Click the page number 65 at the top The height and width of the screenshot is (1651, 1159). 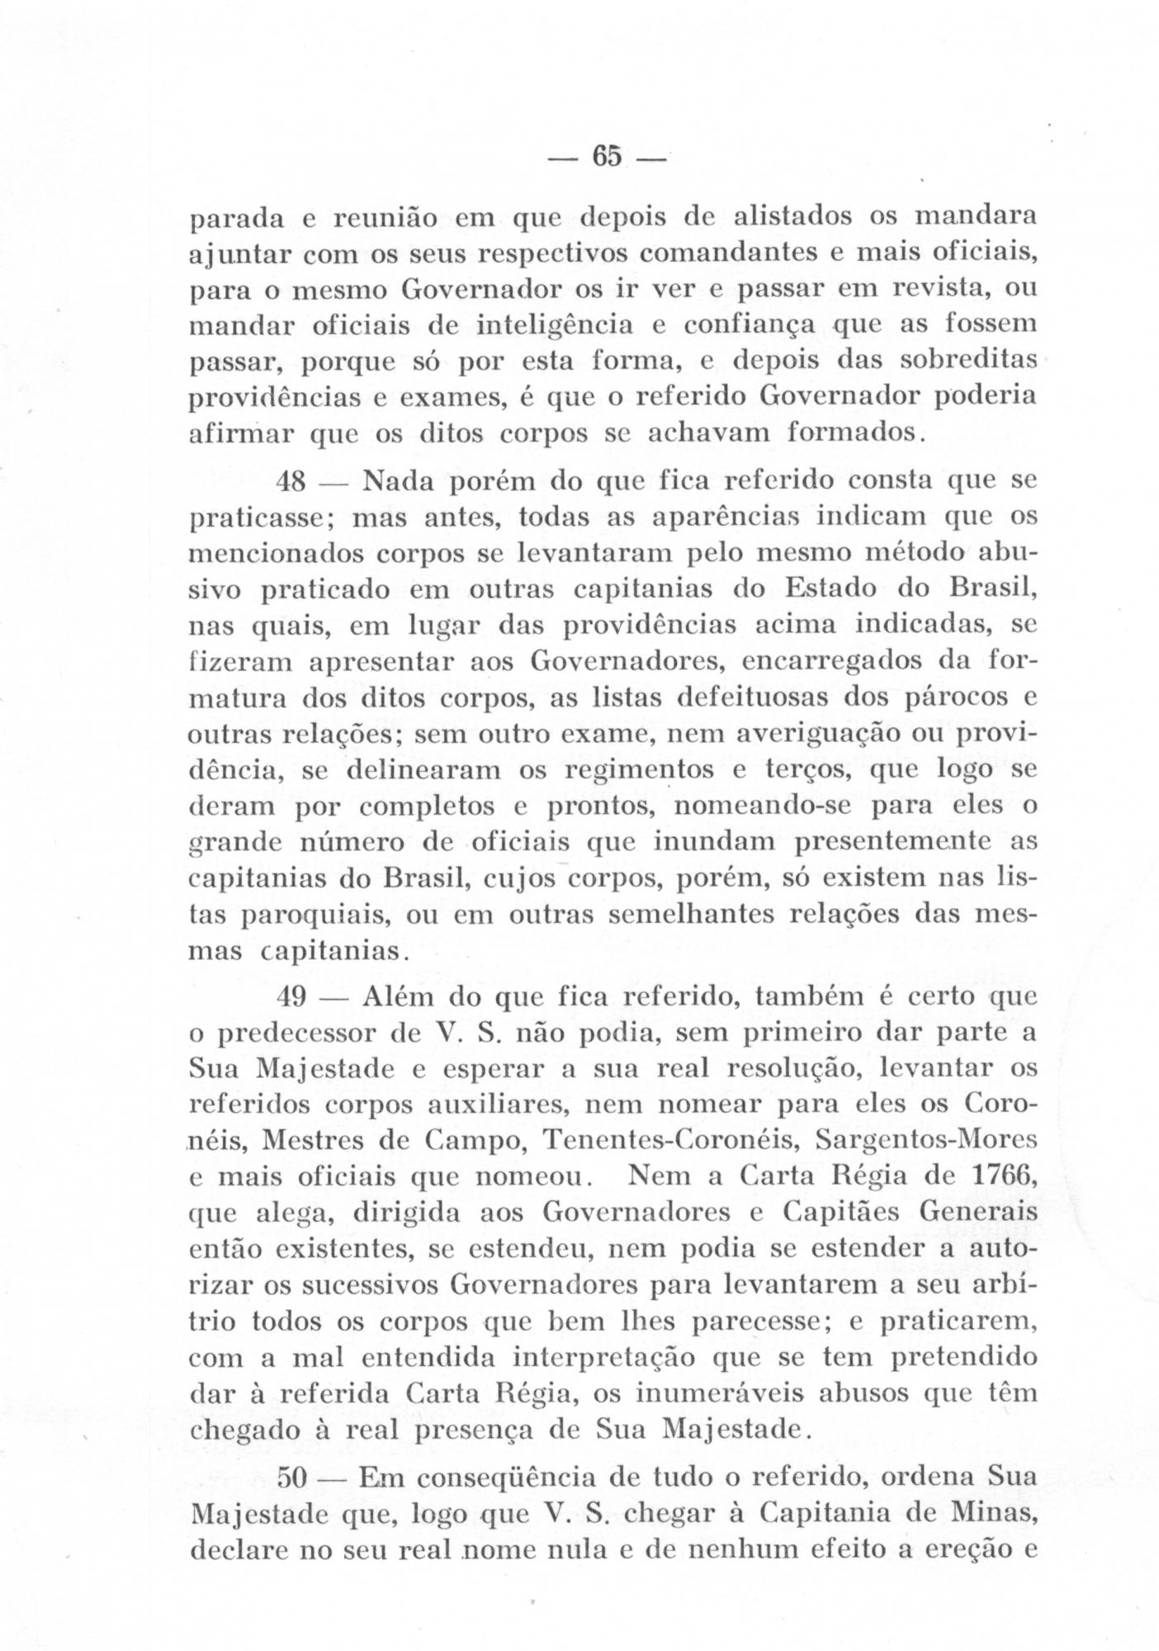606,156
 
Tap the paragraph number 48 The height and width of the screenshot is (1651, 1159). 295,480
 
